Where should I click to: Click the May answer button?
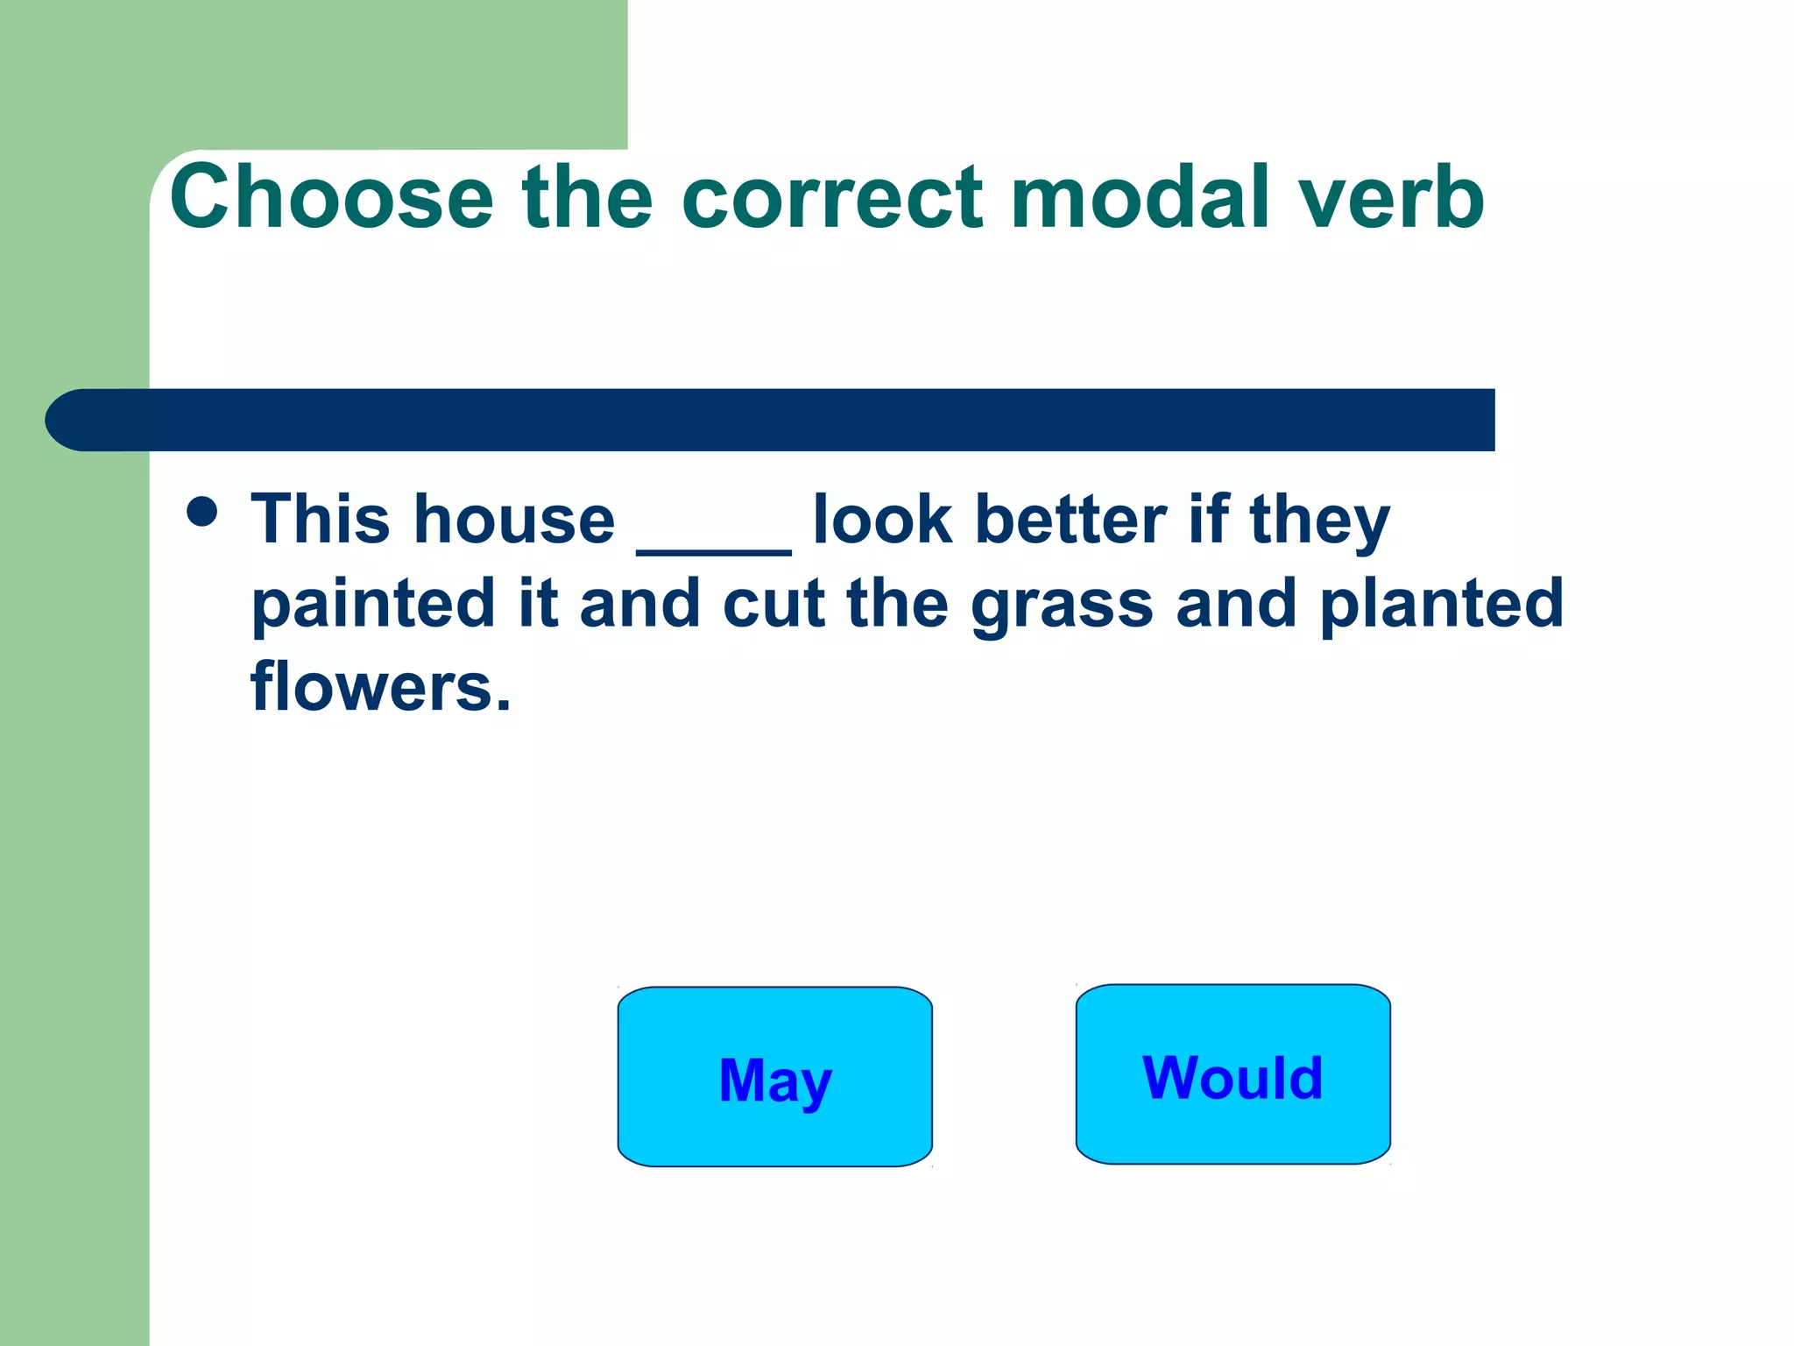click(774, 1077)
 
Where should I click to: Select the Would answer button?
click(1232, 1074)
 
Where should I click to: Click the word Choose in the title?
click(332, 198)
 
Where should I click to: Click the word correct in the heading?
click(831, 198)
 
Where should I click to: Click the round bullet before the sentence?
click(202, 512)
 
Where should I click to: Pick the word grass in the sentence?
click(1062, 605)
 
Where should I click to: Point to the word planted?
click(1441, 605)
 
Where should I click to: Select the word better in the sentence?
click(1070, 520)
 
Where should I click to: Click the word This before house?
click(321, 520)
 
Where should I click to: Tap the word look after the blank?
click(882, 520)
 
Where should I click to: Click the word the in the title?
click(587, 198)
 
